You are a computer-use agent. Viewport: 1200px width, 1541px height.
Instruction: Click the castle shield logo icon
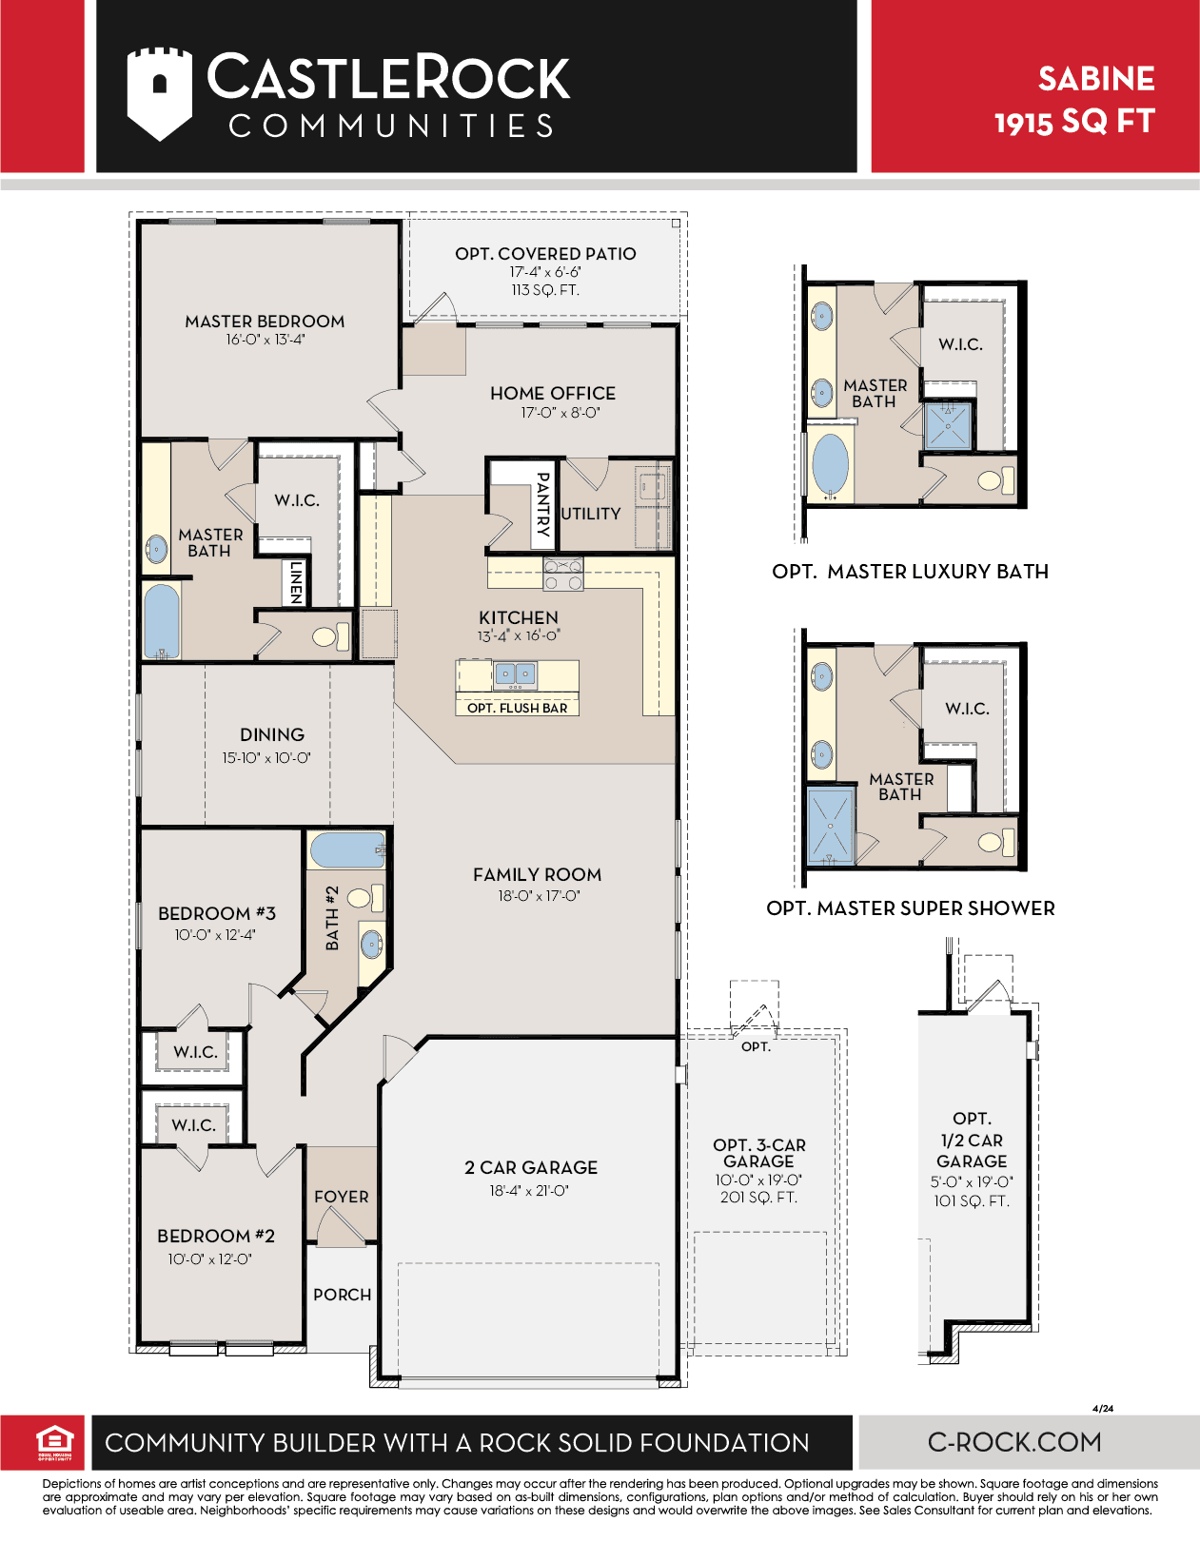(160, 93)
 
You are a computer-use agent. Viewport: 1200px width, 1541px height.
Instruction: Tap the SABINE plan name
(1095, 79)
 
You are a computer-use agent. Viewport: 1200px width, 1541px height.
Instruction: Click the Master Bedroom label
(265, 322)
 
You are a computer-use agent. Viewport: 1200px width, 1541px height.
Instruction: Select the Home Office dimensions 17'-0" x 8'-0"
(561, 413)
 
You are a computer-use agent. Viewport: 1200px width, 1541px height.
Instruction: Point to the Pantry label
(542, 504)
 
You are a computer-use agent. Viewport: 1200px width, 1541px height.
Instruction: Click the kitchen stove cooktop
(563, 574)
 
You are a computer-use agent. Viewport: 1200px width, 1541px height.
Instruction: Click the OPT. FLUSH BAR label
(517, 708)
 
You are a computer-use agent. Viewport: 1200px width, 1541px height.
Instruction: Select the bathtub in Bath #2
(346, 850)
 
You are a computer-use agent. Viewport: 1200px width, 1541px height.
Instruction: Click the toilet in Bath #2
(366, 898)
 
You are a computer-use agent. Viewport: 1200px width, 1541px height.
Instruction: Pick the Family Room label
(537, 875)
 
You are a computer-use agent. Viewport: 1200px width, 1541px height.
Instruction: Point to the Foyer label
(341, 1197)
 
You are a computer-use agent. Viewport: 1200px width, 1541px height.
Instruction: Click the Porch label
(342, 1295)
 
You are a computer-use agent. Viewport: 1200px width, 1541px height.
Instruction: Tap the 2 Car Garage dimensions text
(529, 1191)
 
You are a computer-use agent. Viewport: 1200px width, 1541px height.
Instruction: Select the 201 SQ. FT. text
(758, 1197)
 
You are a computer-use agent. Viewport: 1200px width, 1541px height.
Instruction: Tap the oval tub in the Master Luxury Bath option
(829, 464)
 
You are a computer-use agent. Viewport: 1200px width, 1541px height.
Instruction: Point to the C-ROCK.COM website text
(1014, 1442)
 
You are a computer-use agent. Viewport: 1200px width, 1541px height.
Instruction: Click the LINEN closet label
(296, 582)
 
